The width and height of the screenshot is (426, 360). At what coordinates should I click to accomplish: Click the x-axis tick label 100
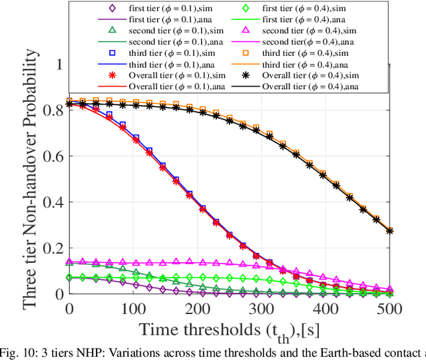[134, 309]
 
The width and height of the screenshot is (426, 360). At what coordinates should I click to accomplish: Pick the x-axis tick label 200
[198, 309]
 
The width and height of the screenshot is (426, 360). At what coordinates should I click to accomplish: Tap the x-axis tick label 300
[262, 309]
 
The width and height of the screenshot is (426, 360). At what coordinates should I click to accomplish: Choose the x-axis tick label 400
[326, 309]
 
